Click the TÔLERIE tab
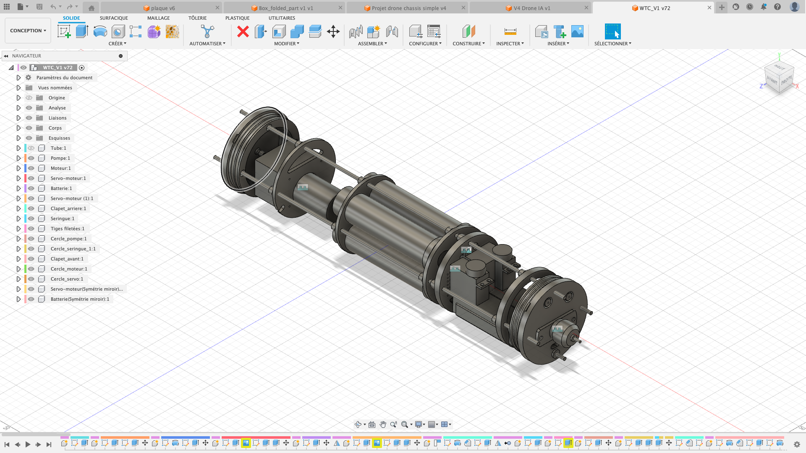tap(197, 18)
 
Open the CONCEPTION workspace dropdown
tap(28, 31)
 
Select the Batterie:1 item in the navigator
tap(61, 188)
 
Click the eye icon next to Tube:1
tap(31, 148)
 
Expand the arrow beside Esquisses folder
tap(18, 138)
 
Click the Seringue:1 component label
tap(62, 219)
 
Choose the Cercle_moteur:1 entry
tap(69, 269)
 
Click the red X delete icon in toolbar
tap(243, 31)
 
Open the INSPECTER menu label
tap(510, 44)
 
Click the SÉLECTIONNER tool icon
tap(612, 31)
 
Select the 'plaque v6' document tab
tap(162, 8)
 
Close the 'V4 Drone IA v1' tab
tap(586, 8)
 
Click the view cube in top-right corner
tap(779, 76)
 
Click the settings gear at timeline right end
tap(797, 444)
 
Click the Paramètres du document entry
tap(64, 78)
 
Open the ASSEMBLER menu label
tap(372, 44)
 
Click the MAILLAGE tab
tap(158, 18)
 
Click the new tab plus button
tap(722, 8)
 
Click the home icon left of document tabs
tap(91, 8)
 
